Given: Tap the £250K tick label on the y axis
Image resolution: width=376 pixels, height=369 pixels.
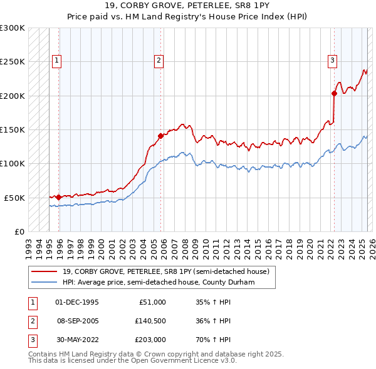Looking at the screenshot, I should pyautogui.click(x=13, y=62).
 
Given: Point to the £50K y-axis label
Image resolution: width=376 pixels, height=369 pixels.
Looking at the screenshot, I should pyautogui.click(x=14, y=198).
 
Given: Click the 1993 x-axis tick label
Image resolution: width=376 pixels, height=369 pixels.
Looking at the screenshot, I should pyautogui.click(x=28, y=243).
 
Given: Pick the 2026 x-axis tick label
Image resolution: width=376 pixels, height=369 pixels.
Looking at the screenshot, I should pyautogui.click(x=372, y=243).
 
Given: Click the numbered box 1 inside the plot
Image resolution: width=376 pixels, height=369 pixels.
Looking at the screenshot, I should pyautogui.click(x=57, y=61).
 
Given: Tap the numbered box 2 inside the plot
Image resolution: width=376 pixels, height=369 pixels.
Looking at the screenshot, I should pyautogui.click(x=159, y=61).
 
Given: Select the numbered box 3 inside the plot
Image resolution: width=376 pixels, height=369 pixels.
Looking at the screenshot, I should pyautogui.click(x=332, y=61).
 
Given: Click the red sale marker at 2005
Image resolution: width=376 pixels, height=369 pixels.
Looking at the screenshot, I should pyautogui.click(x=160, y=135).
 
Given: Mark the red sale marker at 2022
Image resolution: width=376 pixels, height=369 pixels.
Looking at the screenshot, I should pyautogui.click(x=335, y=94).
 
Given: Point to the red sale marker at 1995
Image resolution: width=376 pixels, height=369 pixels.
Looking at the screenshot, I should pyautogui.click(x=59, y=197).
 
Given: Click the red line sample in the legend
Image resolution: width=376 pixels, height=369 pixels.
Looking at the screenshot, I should pyautogui.click(x=44, y=271).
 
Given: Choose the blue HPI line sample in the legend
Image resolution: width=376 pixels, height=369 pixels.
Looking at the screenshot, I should pyautogui.click(x=44, y=282).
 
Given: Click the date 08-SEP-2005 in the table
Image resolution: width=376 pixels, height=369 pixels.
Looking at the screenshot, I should pyautogui.click(x=77, y=321).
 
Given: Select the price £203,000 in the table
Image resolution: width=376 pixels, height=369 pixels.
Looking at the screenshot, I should pyautogui.click(x=150, y=341).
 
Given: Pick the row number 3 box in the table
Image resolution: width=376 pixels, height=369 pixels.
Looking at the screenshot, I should pyautogui.click(x=32, y=341).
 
